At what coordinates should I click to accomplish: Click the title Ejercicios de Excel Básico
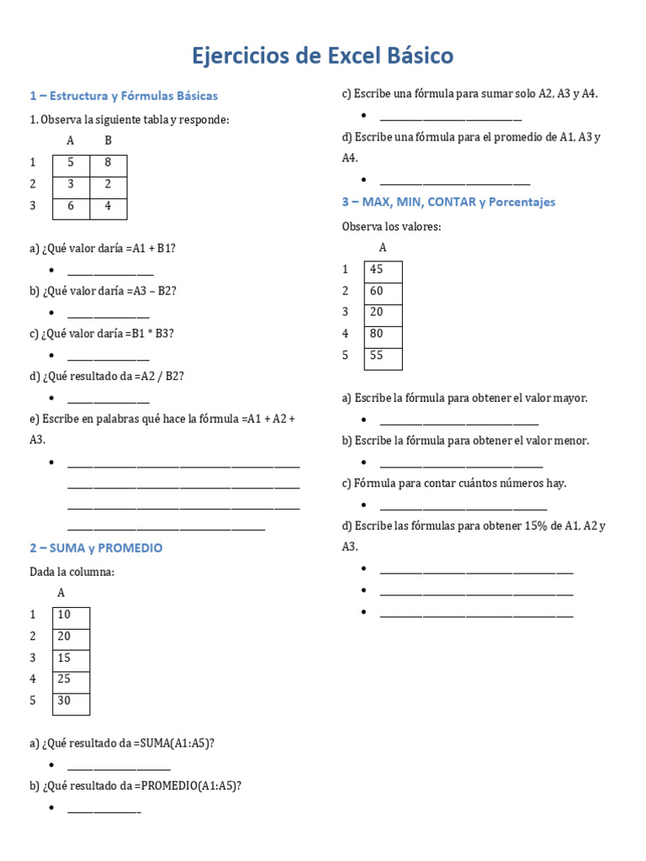click(323, 56)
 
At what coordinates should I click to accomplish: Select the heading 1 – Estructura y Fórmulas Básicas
click(124, 96)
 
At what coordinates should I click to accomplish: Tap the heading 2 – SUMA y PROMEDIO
click(96, 547)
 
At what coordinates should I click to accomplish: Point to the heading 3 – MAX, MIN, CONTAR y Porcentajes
click(448, 202)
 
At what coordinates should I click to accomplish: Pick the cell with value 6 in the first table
click(71, 205)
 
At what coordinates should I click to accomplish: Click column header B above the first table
click(108, 140)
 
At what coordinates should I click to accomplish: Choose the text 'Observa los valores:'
click(391, 226)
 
